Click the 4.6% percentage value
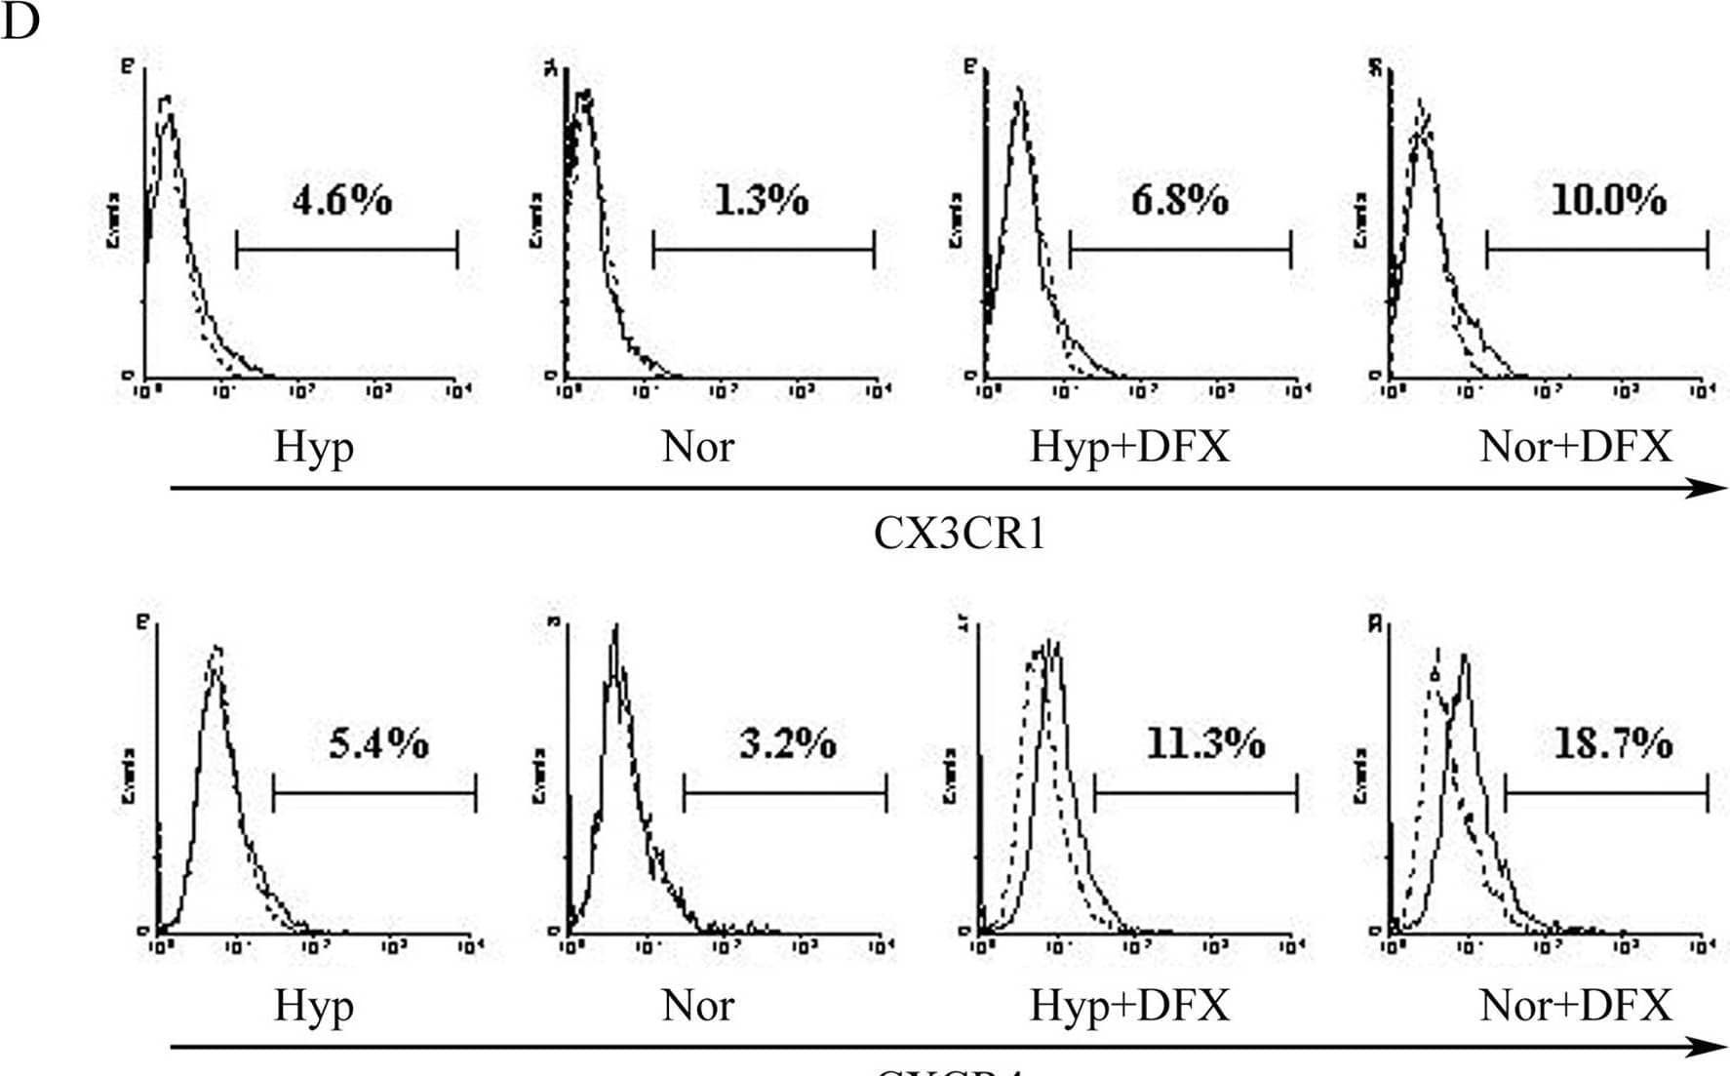pos(341,200)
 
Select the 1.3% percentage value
pos(761,200)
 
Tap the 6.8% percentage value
pos(1179,200)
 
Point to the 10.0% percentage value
pos(1608,200)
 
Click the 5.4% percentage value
pos(378,743)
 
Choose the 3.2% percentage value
pos(787,743)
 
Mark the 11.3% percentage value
pos(1204,743)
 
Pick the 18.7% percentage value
pos(1612,743)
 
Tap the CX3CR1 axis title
pos(960,534)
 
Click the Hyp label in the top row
pos(313,447)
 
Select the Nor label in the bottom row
pos(697,1005)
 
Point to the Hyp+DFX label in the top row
pos(1129,447)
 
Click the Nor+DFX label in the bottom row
pos(1575,1005)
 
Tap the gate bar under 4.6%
pos(346,250)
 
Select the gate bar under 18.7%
pos(1606,793)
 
